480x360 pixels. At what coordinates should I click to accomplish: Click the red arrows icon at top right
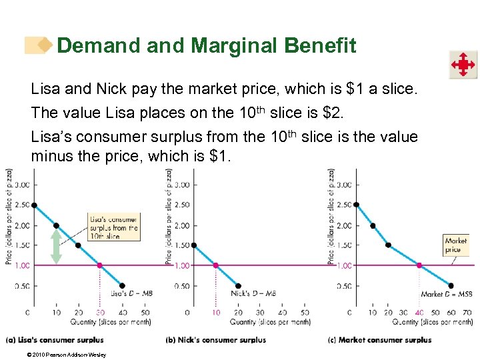point(462,65)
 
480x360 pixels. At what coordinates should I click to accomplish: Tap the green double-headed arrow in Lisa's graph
point(56,246)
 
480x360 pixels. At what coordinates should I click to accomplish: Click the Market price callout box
point(455,245)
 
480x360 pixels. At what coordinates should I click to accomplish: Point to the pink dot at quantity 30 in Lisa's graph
point(100,265)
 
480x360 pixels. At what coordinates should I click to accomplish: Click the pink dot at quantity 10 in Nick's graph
point(215,265)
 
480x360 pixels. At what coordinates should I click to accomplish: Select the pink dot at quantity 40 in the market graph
point(419,265)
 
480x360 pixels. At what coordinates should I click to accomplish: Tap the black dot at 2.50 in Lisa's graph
point(34,205)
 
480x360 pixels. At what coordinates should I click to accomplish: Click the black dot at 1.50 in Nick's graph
point(193,245)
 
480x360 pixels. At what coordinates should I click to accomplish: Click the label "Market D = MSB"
point(446,294)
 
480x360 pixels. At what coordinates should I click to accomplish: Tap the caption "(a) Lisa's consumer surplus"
point(55,340)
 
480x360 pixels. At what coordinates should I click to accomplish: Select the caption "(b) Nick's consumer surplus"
point(216,340)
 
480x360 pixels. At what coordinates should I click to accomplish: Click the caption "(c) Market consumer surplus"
point(379,340)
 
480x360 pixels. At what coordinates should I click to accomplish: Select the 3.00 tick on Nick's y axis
point(181,185)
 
